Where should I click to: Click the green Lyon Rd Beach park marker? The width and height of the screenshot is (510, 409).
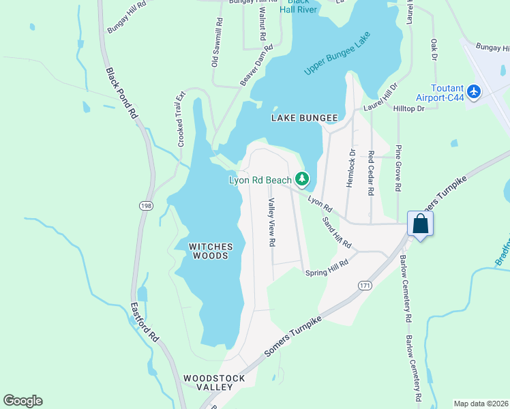click(x=302, y=179)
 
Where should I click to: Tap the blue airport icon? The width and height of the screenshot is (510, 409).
click(x=475, y=92)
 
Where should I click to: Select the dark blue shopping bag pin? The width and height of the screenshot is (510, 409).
click(x=420, y=224)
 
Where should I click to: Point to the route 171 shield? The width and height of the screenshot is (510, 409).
click(x=365, y=286)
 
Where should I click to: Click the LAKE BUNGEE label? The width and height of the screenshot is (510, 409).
click(x=304, y=118)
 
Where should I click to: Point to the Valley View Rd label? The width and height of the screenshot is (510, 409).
click(x=271, y=222)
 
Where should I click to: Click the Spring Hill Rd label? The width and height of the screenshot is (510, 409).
click(x=327, y=267)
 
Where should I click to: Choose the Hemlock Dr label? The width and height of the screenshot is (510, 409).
click(x=352, y=168)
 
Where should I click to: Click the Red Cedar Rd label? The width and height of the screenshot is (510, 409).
click(x=370, y=173)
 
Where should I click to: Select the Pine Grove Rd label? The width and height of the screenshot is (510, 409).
click(x=399, y=168)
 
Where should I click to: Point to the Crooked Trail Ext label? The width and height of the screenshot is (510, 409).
click(x=181, y=119)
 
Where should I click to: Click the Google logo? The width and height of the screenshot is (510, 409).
click(x=22, y=401)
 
